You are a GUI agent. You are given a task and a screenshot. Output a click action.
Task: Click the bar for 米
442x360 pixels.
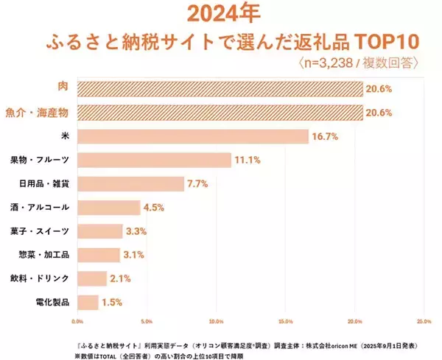(x=192, y=136)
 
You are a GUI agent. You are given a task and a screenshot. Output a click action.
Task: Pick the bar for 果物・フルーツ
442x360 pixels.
(x=153, y=160)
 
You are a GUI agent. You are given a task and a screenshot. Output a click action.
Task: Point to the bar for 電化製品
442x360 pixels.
(x=87, y=302)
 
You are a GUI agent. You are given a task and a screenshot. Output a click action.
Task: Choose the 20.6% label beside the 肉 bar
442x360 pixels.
(x=381, y=89)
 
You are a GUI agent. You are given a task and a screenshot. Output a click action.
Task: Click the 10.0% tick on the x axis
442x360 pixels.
(x=216, y=321)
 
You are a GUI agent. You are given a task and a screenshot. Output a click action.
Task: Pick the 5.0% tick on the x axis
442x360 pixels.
(x=147, y=321)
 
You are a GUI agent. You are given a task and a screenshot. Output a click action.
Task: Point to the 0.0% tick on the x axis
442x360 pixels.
(x=77, y=321)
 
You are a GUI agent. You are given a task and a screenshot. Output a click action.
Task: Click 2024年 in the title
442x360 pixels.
(x=220, y=14)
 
